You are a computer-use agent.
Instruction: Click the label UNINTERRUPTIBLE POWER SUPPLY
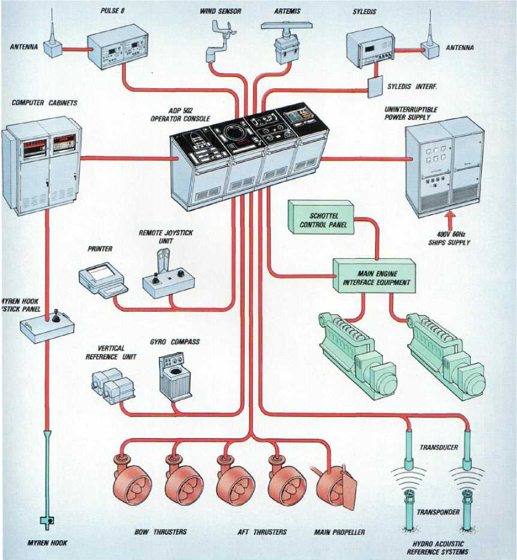click(x=411, y=113)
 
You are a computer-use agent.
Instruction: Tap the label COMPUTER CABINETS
click(x=44, y=103)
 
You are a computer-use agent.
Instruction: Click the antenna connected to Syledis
click(x=429, y=43)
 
